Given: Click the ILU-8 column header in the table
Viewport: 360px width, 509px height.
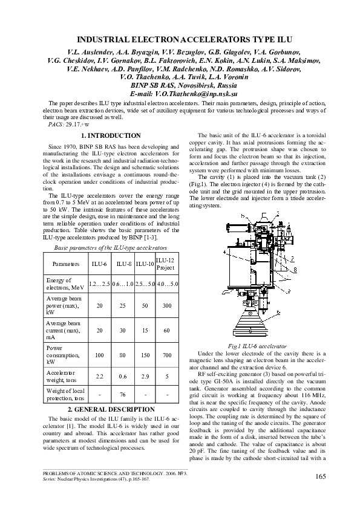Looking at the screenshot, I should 124,264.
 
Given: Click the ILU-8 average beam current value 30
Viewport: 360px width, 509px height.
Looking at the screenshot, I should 124,331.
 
